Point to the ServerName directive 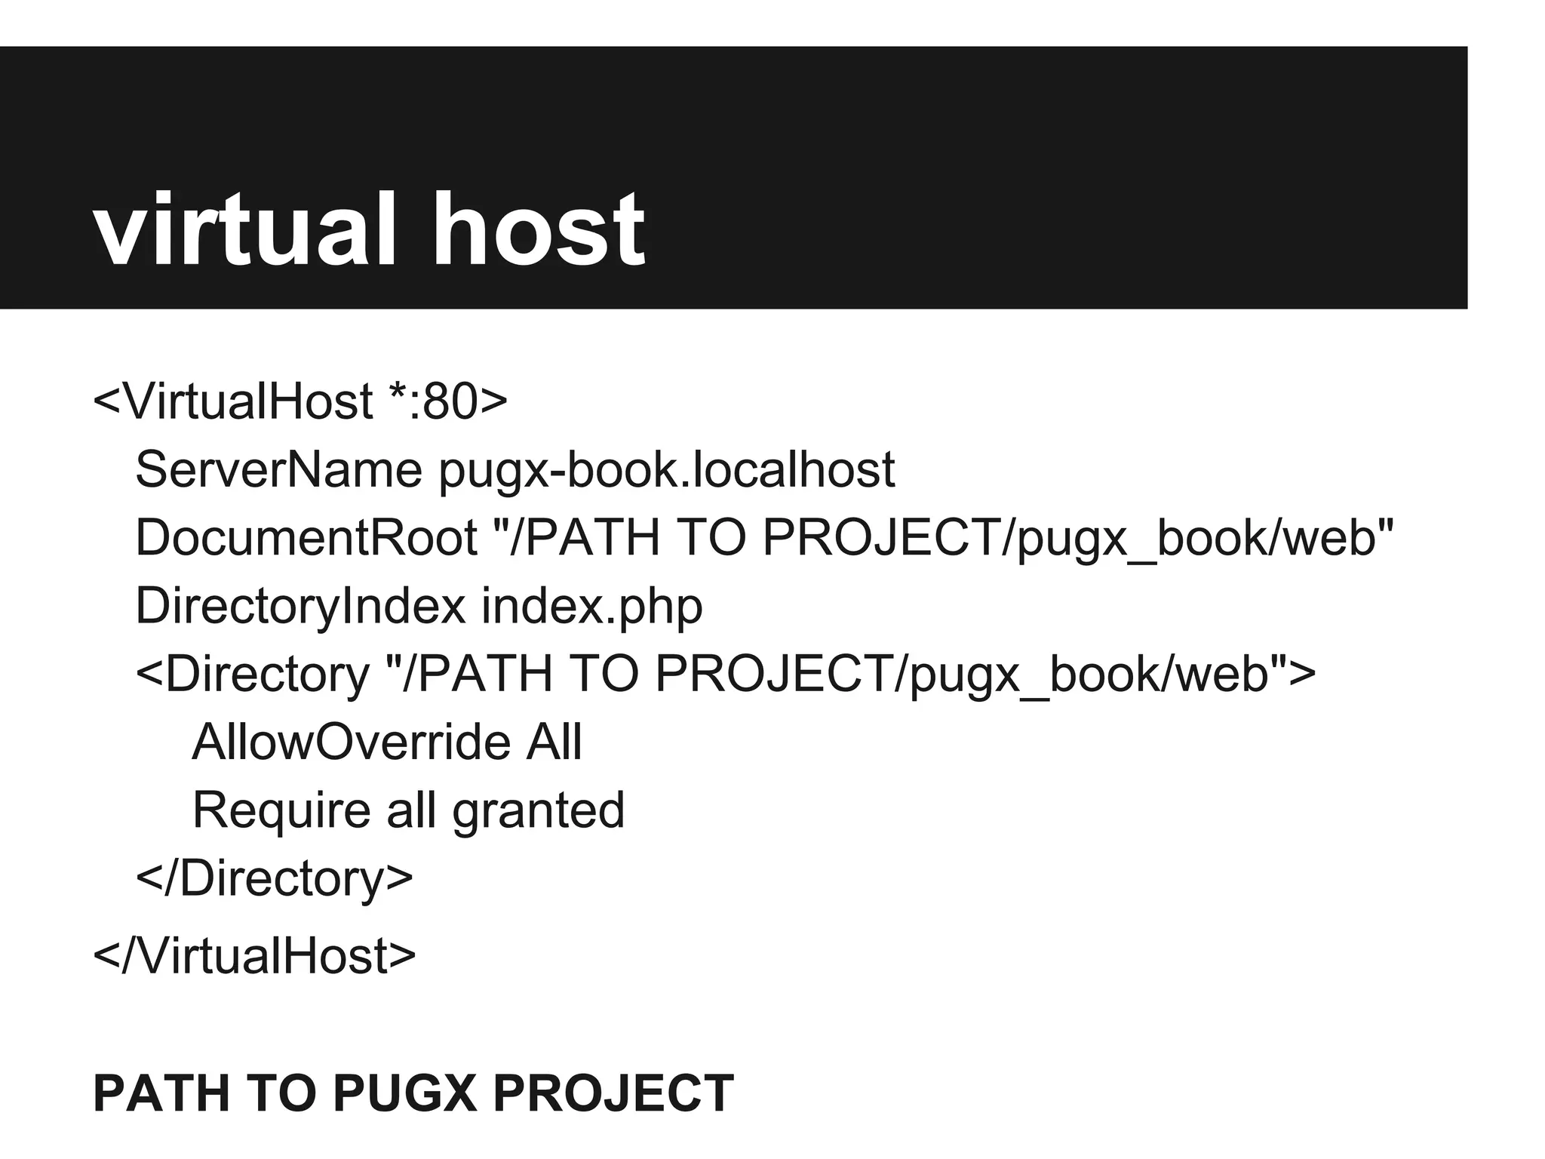point(278,469)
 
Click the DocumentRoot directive point(306,537)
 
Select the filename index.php point(592,606)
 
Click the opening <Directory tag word point(253,674)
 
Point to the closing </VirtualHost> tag point(254,955)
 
